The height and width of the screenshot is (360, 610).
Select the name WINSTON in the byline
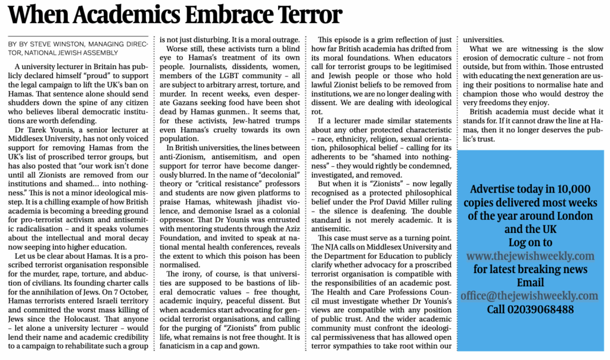tap(72, 44)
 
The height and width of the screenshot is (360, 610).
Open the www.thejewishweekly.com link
tap(530, 256)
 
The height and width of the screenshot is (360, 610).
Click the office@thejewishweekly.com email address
tap(529, 296)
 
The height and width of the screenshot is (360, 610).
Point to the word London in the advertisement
tap(572, 216)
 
